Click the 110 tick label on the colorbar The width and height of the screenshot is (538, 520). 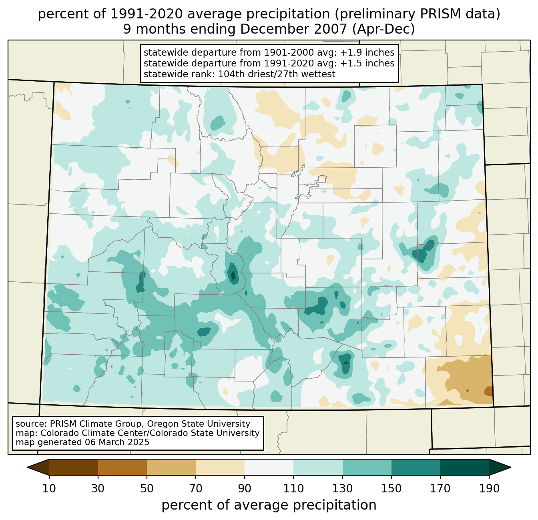293,489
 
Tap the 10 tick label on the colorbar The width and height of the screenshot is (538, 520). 49,489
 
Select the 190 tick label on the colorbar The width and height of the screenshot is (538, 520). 489,489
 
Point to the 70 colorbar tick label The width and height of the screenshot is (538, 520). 196,489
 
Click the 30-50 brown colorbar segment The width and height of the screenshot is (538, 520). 122,467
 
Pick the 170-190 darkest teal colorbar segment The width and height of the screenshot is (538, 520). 464,467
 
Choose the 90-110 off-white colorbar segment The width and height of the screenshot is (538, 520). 269,467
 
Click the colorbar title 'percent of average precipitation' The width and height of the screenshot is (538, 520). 269,505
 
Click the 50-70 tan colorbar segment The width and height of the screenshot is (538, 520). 171,467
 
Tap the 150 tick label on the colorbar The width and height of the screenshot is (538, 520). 391,489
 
